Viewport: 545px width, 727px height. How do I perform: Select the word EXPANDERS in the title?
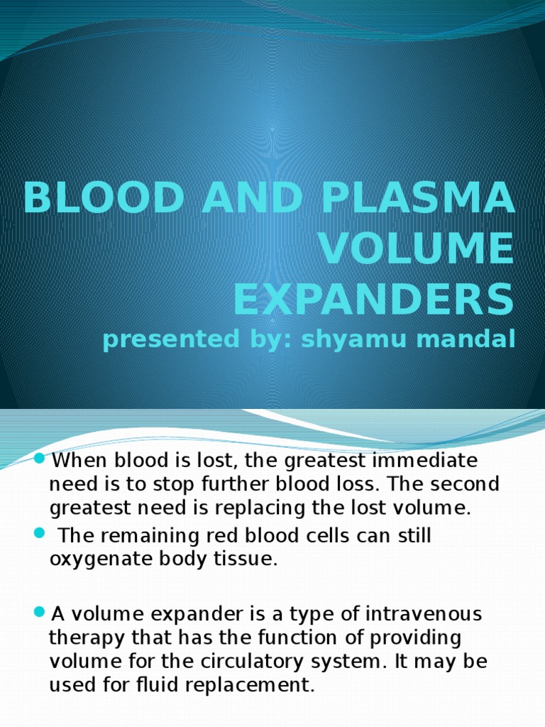[x=373, y=298]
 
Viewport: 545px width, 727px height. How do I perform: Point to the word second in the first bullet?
[x=466, y=484]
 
